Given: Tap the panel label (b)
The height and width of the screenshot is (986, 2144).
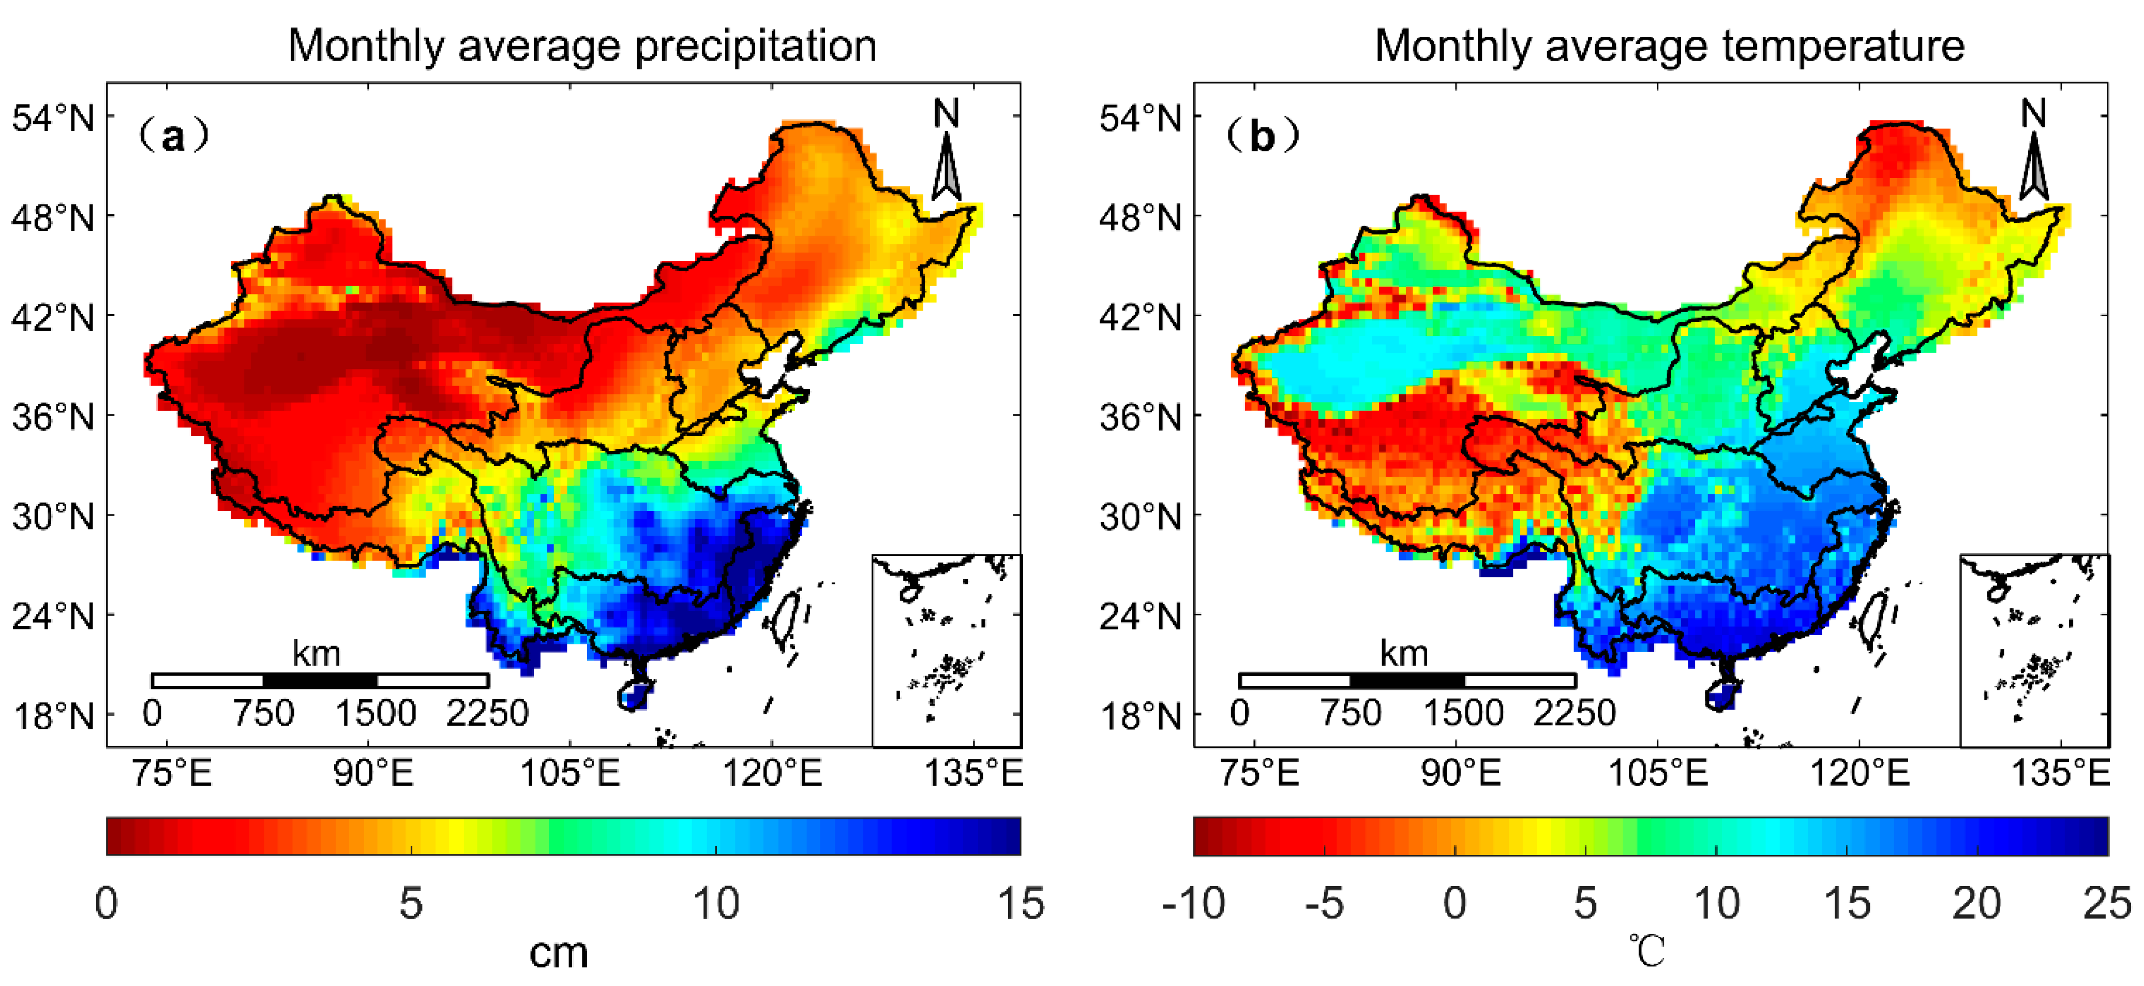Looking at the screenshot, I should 1262,136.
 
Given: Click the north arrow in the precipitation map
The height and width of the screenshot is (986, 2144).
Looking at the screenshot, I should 947,163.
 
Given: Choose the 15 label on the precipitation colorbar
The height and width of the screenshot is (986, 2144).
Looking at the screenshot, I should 1021,904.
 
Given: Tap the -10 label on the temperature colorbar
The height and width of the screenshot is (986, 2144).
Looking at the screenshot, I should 1193,904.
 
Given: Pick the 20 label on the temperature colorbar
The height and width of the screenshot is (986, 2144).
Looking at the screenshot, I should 1977,904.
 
